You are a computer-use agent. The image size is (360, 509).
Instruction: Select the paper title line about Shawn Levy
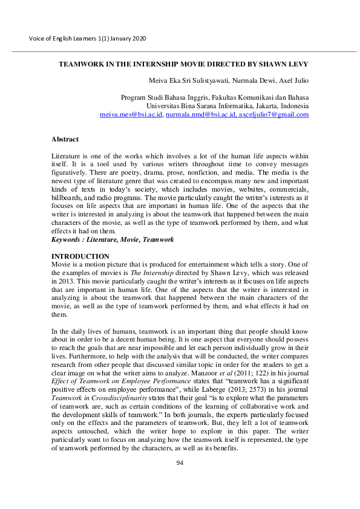click(x=183, y=63)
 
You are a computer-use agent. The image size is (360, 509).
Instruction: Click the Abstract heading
click(x=65, y=139)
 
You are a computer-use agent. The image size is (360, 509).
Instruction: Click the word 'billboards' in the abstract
click(x=68, y=198)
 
